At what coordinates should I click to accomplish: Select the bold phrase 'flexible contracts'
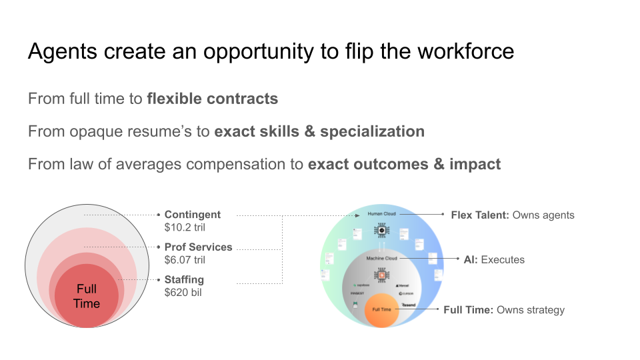pyautogui.click(x=212, y=99)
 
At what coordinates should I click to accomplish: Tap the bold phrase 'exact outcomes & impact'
pyautogui.click(x=404, y=163)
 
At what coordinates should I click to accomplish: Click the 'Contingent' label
pyautogui.click(x=193, y=215)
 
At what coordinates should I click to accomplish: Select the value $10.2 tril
pyautogui.click(x=186, y=227)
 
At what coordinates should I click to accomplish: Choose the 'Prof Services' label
pyautogui.click(x=198, y=247)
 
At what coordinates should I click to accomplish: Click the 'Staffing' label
pyautogui.click(x=184, y=279)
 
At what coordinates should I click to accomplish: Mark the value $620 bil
pyautogui.click(x=184, y=292)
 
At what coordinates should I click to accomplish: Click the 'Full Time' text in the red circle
pyautogui.click(x=87, y=297)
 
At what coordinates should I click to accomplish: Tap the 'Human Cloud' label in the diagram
pyautogui.click(x=381, y=214)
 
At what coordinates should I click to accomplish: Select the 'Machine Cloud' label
pyautogui.click(x=382, y=258)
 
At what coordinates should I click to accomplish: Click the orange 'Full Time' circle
pyautogui.click(x=381, y=310)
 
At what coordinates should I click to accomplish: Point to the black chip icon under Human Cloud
pyautogui.click(x=381, y=231)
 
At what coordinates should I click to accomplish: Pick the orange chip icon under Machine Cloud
pyautogui.click(x=381, y=275)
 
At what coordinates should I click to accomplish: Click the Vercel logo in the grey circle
pyautogui.click(x=403, y=285)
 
